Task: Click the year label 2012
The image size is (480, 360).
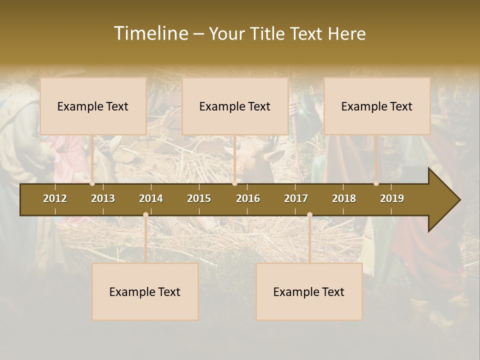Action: [55, 198]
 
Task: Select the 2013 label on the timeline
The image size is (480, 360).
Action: [103, 198]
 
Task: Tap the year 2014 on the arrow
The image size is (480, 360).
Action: [151, 198]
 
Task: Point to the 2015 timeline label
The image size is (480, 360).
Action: [199, 198]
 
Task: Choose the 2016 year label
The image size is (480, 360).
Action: [248, 198]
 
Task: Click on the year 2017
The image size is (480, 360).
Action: [296, 198]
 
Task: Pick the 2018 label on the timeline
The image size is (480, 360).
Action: [344, 198]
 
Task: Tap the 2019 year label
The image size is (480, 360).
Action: [392, 198]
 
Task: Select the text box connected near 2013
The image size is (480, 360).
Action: [93, 106]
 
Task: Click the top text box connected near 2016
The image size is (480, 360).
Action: [235, 106]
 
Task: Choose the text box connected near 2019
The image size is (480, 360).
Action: [377, 106]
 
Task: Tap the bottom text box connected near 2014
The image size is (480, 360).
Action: [145, 291]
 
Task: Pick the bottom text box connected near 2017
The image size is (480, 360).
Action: [309, 291]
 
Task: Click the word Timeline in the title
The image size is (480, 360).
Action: [150, 33]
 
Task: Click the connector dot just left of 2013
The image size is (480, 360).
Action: [92, 183]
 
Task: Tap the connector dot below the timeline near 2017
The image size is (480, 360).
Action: [309, 214]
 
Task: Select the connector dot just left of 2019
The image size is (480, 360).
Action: [376, 183]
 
